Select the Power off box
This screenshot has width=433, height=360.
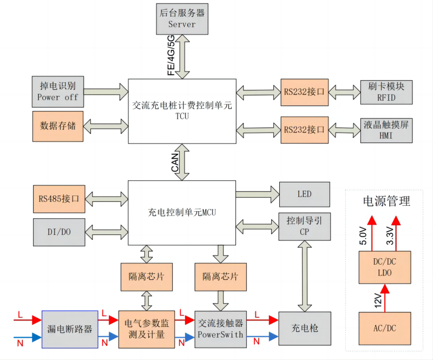coord(58,91)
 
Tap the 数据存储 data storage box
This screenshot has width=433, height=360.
coord(58,126)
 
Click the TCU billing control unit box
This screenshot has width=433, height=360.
coord(182,111)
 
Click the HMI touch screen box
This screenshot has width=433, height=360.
coord(386,129)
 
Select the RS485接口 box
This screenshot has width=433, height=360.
coord(58,199)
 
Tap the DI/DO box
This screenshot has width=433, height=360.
coord(58,231)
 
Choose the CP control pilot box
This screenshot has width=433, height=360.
coord(304,226)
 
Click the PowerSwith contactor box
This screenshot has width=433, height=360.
coord(220,329)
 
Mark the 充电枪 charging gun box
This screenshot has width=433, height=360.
coord(304,329)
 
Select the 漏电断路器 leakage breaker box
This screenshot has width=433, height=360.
coord(70,329)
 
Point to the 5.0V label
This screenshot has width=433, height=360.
coord(364,237)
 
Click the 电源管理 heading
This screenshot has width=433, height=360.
coord(386,201)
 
